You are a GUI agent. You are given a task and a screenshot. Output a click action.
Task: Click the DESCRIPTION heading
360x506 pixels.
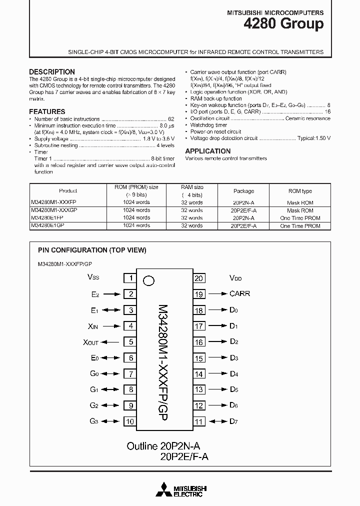[52, 72]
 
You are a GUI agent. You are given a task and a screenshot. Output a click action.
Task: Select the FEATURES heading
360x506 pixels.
[47, 111]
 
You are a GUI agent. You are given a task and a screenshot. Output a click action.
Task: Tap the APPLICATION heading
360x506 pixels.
[208, 151]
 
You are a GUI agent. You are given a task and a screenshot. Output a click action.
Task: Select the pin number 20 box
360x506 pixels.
[199, 278]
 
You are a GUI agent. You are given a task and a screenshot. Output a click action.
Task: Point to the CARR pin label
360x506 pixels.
[239, 294]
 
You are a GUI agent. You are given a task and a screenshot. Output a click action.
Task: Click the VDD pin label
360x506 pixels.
[235, 278]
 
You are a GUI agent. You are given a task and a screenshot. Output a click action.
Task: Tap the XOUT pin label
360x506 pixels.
[90, 342]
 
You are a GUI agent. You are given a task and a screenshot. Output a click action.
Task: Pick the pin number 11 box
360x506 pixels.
[199, 421]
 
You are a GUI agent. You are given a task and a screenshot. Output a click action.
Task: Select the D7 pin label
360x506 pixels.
[233, 421]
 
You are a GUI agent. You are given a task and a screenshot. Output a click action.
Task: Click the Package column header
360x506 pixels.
[243, 191]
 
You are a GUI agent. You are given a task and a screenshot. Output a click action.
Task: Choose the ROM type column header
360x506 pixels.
[300, 191]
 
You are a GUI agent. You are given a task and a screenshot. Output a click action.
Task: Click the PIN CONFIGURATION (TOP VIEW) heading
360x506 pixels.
[92, 250]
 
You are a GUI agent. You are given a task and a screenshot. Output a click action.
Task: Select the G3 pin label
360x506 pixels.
[94, 421]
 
